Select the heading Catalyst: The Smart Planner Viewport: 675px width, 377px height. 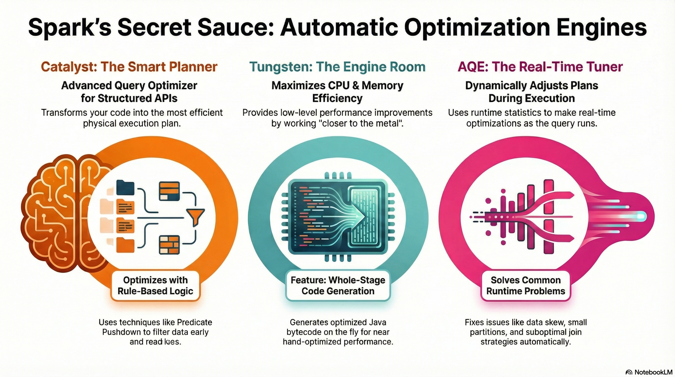tap(129, 67)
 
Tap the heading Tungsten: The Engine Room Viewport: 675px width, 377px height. tap(337, 67)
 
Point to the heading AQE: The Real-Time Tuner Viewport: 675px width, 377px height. tap(540, 67)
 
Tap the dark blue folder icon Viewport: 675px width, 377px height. tap(125, 187)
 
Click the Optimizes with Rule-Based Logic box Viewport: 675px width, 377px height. tap(156, 285)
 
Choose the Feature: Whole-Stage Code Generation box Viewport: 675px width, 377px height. tap(338, 285)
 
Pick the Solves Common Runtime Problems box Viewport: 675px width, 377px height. tap(526, 285)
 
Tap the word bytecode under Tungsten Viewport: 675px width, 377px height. tap(302, 332)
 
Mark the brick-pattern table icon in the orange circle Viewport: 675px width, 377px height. tap(169, 245)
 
